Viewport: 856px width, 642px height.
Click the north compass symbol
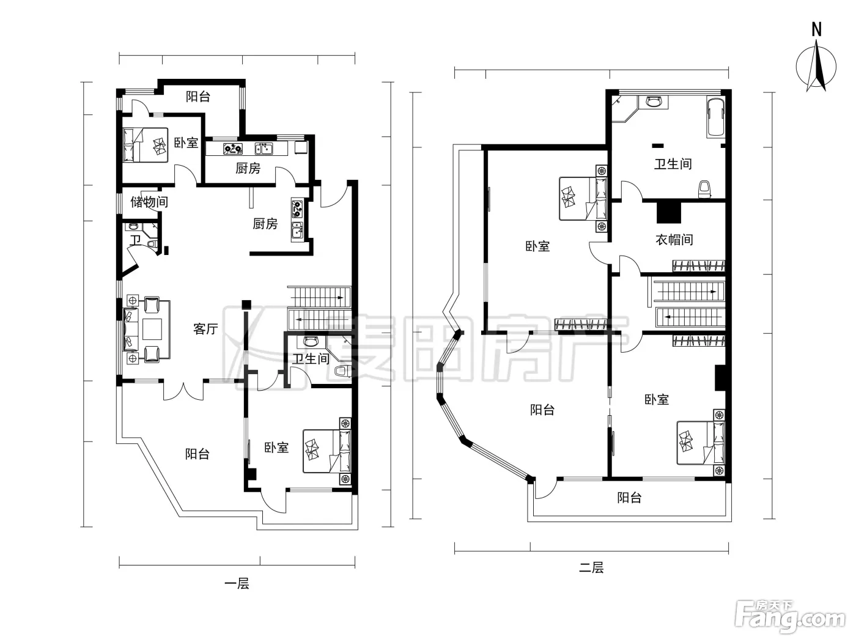click(816, 67)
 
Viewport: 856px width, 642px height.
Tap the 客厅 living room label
click(205, 329)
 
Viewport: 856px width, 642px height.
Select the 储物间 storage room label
click(149, 202)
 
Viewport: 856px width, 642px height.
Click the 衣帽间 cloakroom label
click(674, 239)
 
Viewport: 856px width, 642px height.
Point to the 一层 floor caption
click(237, 583)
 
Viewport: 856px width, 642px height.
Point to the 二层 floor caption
click(591, 567)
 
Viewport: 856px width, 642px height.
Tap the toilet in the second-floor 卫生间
click(704, 189)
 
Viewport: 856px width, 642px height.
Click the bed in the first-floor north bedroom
click(146, 145)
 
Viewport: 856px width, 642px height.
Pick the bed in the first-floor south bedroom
click(327, 451)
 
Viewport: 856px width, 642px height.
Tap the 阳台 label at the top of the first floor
click(198, 96)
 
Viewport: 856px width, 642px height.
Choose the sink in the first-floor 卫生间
click(311, 341)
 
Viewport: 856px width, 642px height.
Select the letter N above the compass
click(816, 29)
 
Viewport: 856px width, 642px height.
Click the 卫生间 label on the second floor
click(673, 164)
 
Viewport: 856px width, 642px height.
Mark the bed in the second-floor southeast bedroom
click(701, 443)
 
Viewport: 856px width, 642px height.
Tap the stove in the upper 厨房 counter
click(233, 149)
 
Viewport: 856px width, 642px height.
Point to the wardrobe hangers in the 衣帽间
click(698, 266)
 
